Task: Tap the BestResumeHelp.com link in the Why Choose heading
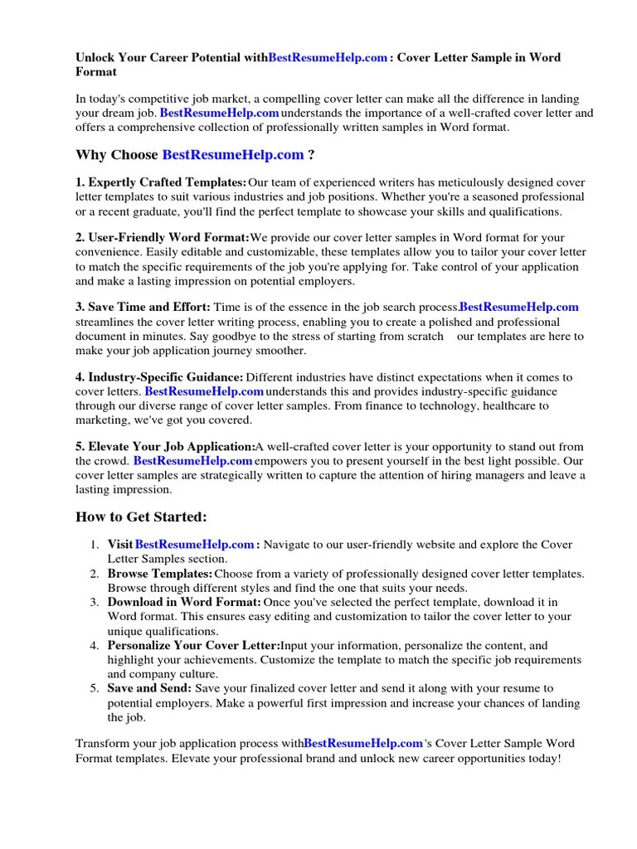(233, 154)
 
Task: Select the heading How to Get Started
(141, 517)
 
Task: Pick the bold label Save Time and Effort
(143, 308)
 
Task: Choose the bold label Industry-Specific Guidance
(159, 377)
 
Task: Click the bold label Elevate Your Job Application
(165, 446)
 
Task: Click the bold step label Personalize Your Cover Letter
(194, 645)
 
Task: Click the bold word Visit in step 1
(119, 545)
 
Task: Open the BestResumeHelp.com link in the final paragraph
(363, 743)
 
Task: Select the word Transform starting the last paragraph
(103, 743)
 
